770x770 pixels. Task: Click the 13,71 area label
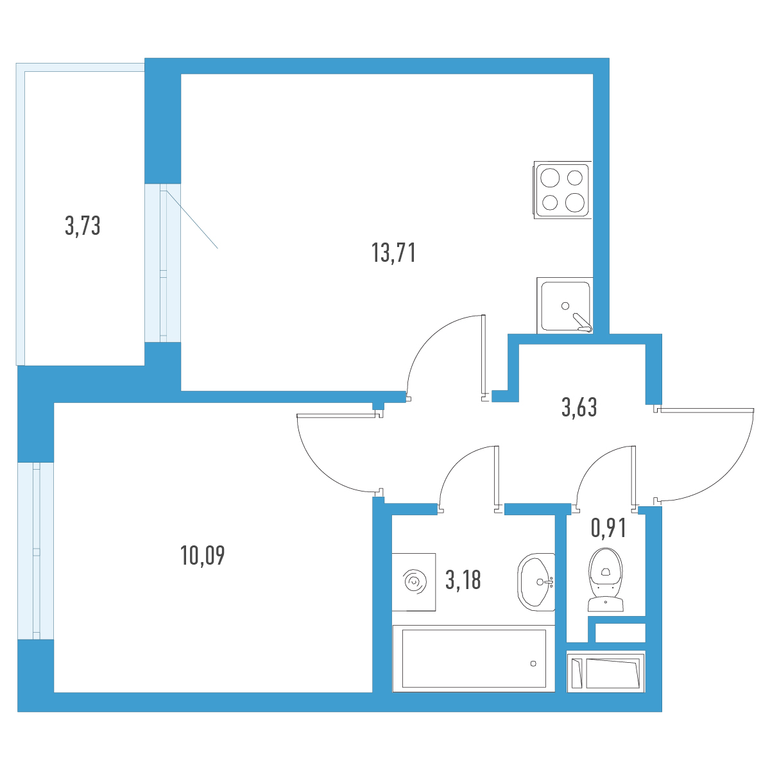[393, 253]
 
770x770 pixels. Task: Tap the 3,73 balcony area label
[82, 225]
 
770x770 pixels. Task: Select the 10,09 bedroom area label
[203, 555]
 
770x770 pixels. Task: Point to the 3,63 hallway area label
[579, 407]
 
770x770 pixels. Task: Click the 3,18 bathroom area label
[463, 580]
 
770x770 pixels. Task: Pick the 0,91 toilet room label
[608, 528]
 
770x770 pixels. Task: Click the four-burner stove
[563, 190]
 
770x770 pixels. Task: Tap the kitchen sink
[565, 305]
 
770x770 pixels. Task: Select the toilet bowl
[606, 579]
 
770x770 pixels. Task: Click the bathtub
[474, 658]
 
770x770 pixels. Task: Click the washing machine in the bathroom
[414, 582]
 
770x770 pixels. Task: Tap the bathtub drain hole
[533, 663]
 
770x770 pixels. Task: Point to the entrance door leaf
[706, 409]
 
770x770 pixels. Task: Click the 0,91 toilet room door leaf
[633, 477]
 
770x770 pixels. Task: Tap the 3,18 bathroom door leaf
[497, 477]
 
